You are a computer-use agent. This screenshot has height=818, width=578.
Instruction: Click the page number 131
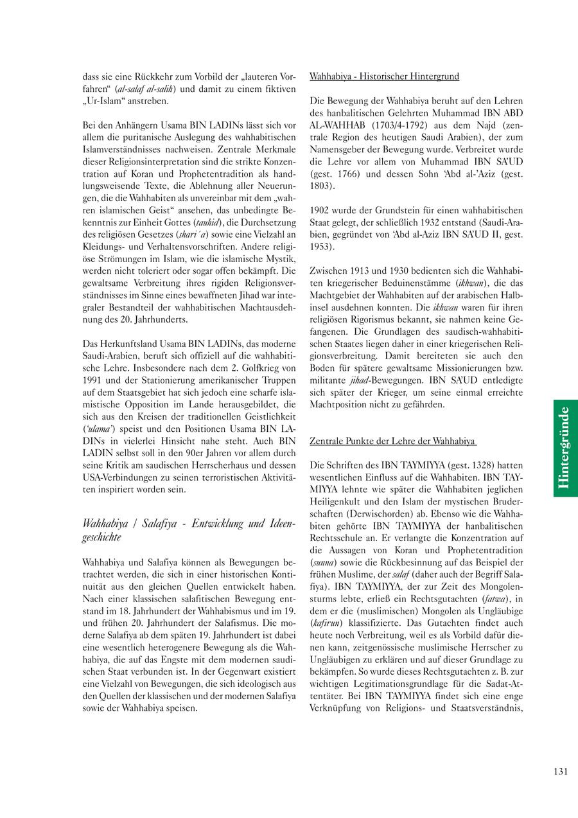tap(560, 772)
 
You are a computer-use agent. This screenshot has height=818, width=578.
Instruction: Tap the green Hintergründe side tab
tap(565, 448)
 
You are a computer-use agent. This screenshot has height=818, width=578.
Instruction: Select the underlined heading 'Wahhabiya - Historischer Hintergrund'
tap(384, 76)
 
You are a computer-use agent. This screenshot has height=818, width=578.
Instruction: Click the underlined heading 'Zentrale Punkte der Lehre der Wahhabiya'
tap(392, 441)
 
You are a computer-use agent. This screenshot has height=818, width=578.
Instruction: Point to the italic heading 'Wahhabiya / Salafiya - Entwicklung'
tap(189, 524)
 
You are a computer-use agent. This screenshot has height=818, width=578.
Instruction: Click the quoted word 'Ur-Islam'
tap(106, 101)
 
